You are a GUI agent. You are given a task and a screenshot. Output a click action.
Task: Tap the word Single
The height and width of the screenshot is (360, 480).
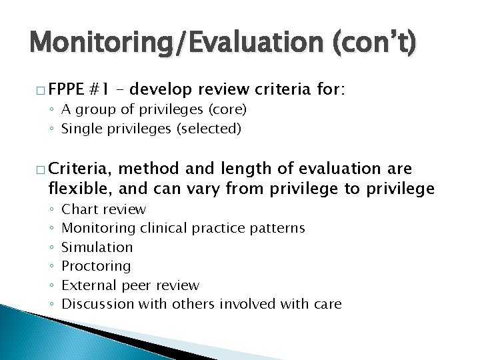pos(79,129)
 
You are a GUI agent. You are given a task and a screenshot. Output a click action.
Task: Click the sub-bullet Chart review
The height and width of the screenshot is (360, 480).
pos(103,209)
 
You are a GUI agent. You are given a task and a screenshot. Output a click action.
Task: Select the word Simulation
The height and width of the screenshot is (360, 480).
pos(97,247)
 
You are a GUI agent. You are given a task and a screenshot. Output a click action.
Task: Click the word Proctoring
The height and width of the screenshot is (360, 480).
pos(96,266)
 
